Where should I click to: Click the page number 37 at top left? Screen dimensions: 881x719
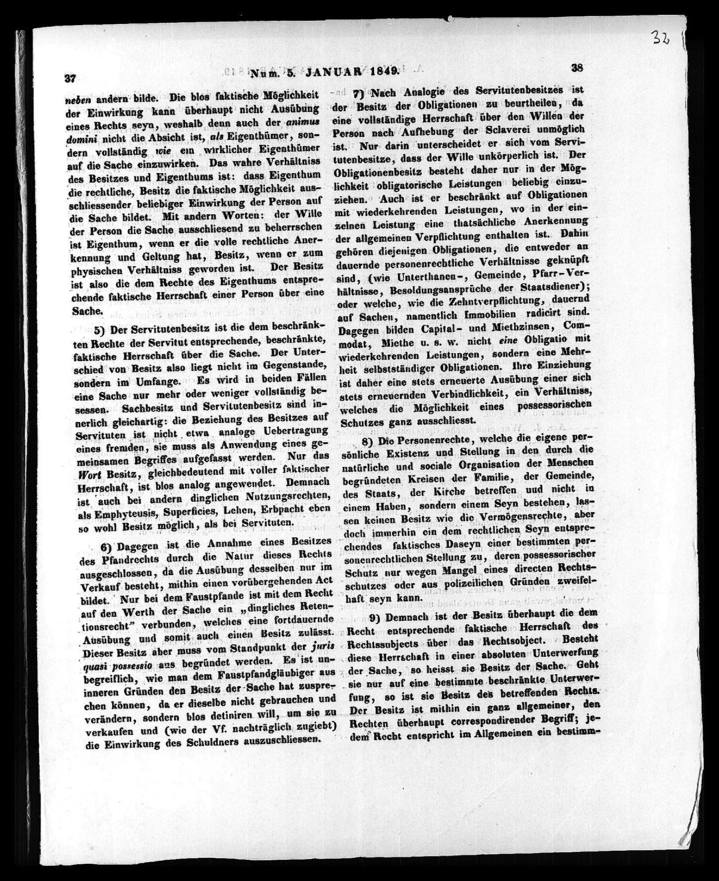pyautogui.click(x=70, y=78)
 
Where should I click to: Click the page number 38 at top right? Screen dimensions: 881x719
pyautogui.click(x=576, y=69)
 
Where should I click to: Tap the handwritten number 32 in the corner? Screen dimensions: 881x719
pyautogui.click(x=661, y=37)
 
